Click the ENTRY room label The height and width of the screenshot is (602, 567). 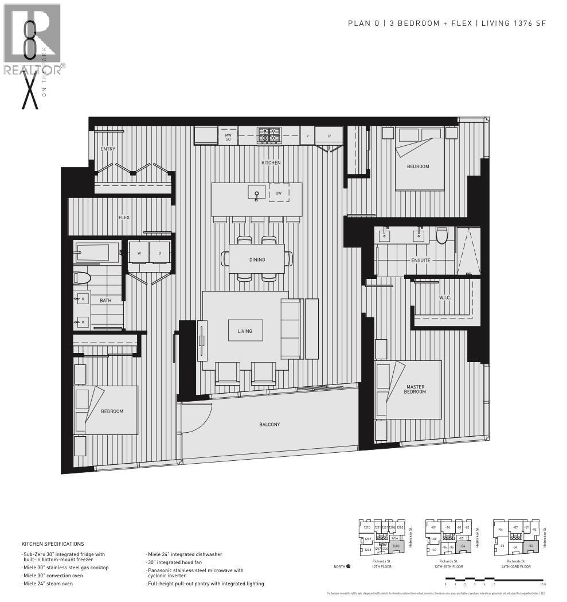click(x=108, y=149)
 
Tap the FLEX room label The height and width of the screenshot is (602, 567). click(x=124, y=218)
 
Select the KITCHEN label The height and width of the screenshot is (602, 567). click(x=271, y=163)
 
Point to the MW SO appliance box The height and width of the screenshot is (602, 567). click(x=228, y=137)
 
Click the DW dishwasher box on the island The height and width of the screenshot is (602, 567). click(x=279, y=193)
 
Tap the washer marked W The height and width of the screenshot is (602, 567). click(x=139, y=253)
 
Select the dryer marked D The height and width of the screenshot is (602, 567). click(x=159, y=253)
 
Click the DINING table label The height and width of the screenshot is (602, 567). click(x=257, y=260)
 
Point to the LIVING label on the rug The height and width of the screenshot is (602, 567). click(x=245, y=331)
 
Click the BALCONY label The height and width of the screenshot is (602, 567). click(x=269, y=425)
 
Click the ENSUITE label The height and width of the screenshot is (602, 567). click(x=420, y=261)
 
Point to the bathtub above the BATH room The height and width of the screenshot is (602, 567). click(x=97, y=252)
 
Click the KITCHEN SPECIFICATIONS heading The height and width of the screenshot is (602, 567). click(x=53, y=544)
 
